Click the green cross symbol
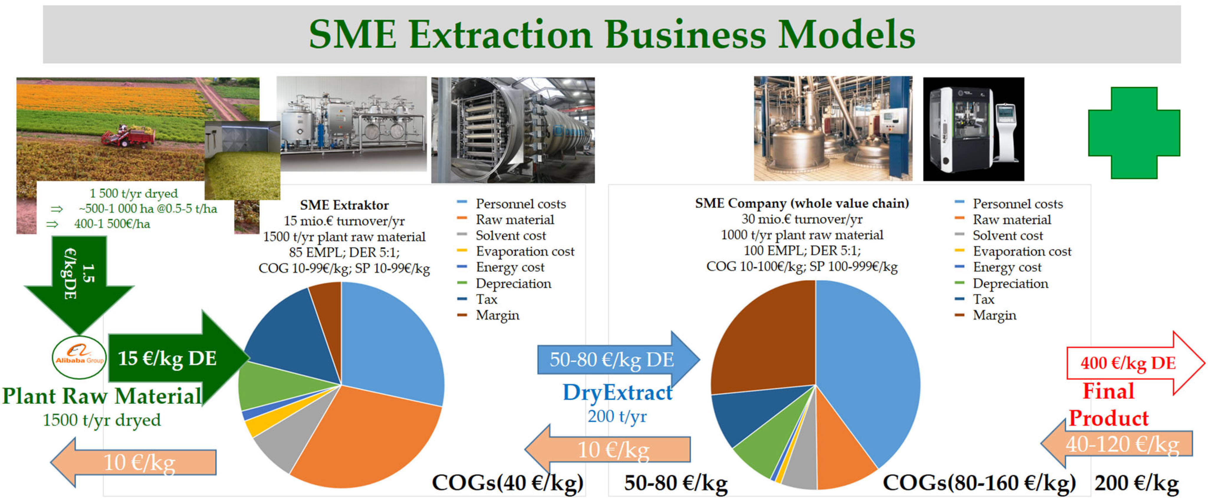[1134, 133]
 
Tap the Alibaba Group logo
[79, 357]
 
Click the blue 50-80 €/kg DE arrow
[618, 360]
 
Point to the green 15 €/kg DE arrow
[179, 358]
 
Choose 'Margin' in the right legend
[994, 315]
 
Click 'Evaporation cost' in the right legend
[1022, 252]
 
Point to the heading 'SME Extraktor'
[344, 205]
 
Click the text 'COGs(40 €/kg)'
[508, 482]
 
